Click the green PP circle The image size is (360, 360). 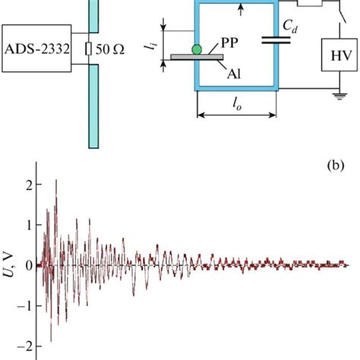click(197, 49)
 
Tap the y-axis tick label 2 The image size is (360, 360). click(28, 184)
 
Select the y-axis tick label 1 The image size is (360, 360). click(28, 225)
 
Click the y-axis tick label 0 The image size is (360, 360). click(28, 265)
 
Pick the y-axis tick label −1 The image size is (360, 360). click(25, 306)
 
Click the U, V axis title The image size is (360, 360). click(8, 265)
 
